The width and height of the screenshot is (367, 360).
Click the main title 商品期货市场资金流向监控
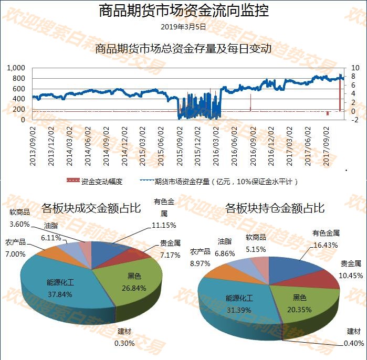183,11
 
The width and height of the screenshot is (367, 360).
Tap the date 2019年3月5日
183,26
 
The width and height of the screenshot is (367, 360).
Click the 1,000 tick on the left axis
16,68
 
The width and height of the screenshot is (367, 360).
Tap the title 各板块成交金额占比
91,208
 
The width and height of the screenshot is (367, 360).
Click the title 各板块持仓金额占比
275,208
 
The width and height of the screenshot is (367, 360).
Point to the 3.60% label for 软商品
20,224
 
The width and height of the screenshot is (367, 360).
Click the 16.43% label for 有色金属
326,245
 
